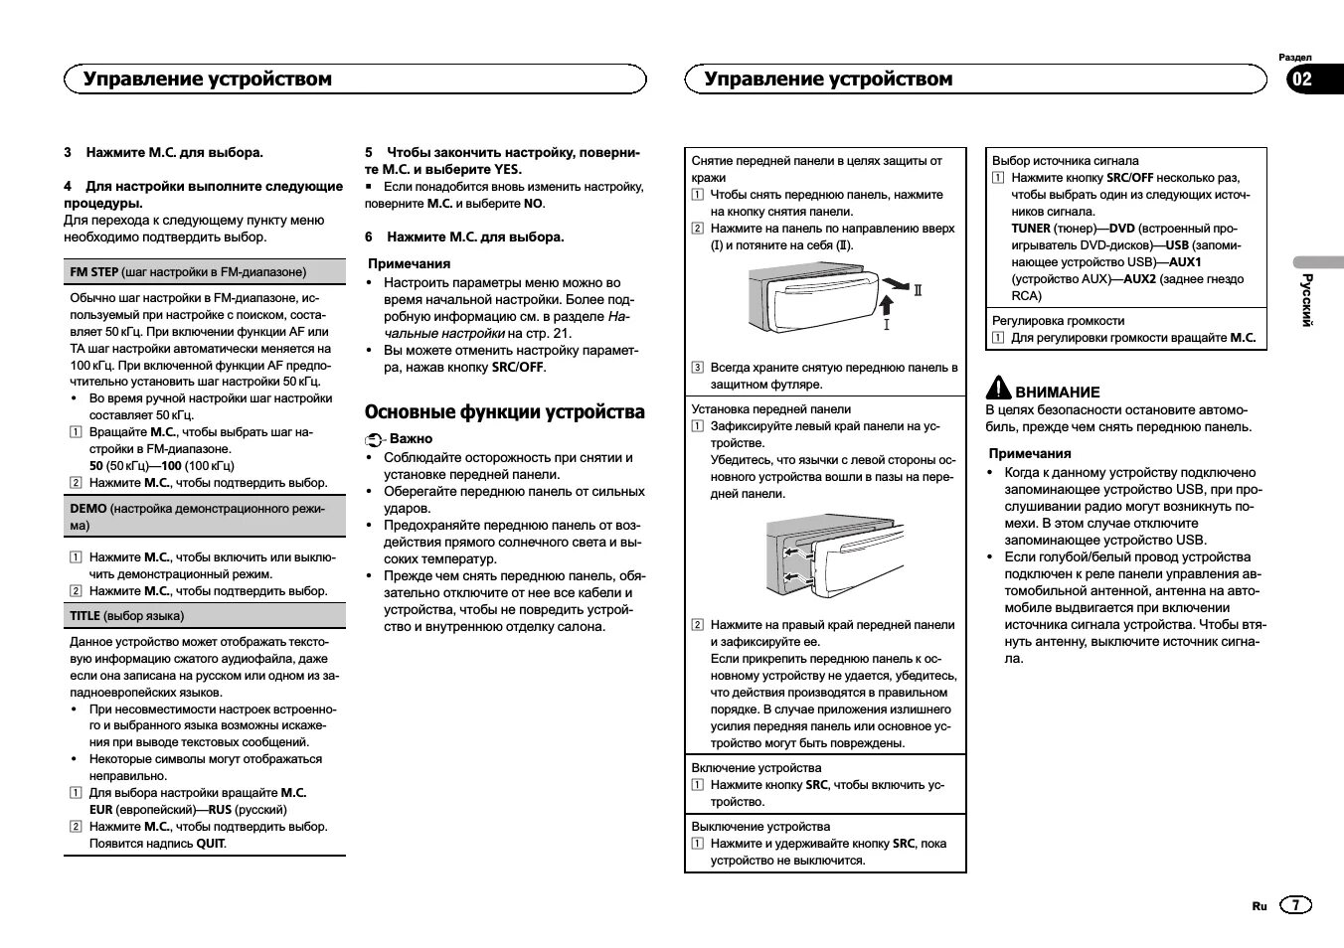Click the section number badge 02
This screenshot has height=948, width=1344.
(1301, 79)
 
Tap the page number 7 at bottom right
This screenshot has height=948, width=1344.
(1295, 905)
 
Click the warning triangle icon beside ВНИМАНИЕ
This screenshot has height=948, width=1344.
(998, 389)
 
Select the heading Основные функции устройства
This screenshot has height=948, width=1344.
(504, 412)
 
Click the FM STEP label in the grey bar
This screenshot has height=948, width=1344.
(94, 272)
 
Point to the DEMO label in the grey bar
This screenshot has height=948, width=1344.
(88, 509)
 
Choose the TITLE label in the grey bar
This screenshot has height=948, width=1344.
(84, 616)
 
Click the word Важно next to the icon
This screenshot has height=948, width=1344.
(411, 438)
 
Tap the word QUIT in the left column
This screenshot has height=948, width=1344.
(210, 844)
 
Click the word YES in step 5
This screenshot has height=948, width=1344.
(507, 170)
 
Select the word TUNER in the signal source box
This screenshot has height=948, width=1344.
(1031, 229)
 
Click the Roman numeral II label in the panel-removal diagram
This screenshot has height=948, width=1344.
(919, 290)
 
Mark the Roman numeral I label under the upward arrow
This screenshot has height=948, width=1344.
(886, 324)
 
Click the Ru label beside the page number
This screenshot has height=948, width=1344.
(1260, 906)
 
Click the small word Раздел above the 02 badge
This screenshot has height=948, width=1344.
(1294, 58)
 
